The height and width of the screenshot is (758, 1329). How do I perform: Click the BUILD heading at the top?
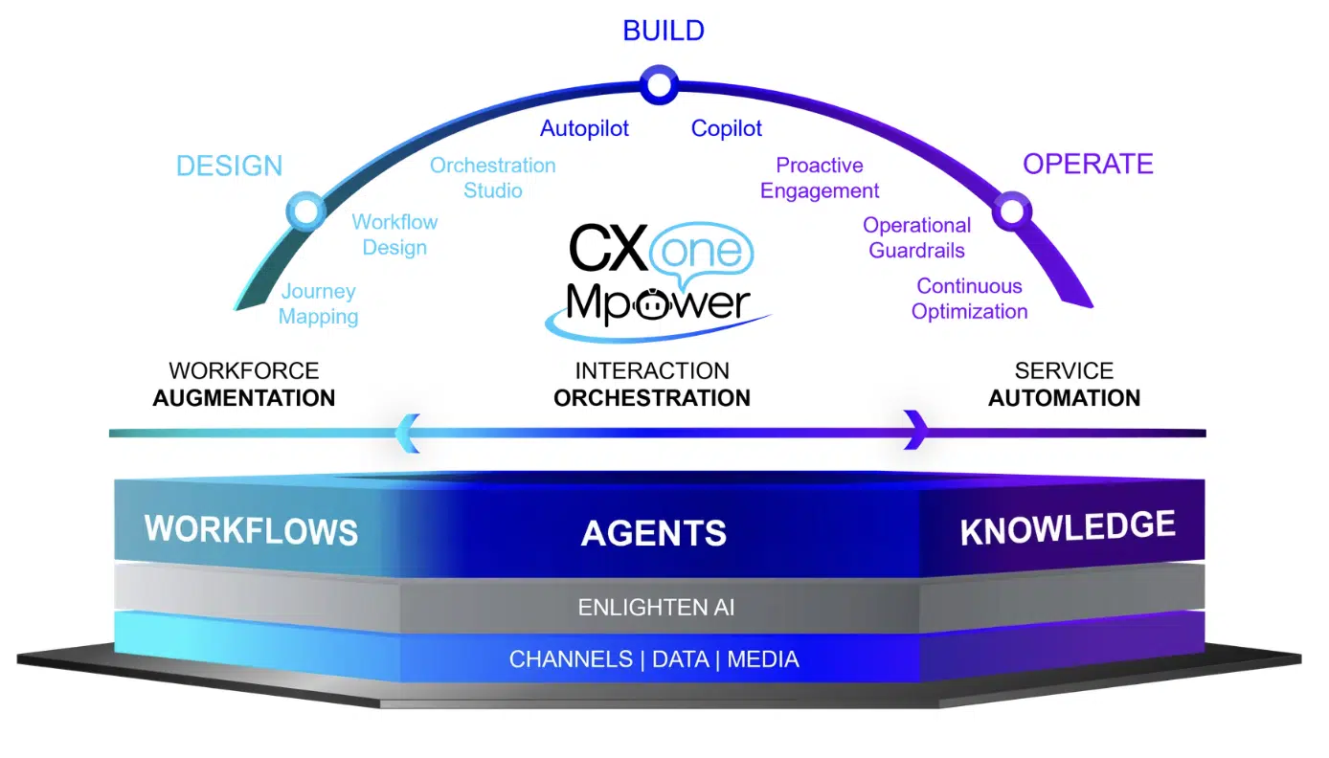pos(663,31)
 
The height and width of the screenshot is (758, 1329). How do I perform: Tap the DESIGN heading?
pos(229,166)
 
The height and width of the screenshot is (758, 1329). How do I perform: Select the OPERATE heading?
pos(1088,164)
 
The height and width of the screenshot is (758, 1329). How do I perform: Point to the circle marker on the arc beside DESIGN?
pos(305,211)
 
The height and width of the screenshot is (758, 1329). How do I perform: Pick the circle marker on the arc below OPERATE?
pos(1011,211)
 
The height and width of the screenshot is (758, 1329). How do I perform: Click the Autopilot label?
pos(584,128)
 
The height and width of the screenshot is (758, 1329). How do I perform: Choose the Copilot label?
pos(727,128)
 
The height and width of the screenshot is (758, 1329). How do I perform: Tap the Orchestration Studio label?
pos(492,178)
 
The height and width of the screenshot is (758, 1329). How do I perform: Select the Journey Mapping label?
pos(318,304)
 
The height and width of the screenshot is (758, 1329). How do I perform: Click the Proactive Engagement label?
pos(820,178)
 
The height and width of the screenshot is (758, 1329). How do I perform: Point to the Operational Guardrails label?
pos(916,238)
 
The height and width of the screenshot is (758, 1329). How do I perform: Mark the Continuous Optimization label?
pos(969,299)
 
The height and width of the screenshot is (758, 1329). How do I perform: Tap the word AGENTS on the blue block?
pos(654,533)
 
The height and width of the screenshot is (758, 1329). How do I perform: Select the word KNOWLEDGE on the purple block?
pos(1068,528)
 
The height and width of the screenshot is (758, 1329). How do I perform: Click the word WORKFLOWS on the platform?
pos(251,530)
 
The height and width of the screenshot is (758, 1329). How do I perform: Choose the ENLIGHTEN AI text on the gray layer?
pos(656,607)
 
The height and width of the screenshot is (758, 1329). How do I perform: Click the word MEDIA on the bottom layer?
pos(763,659)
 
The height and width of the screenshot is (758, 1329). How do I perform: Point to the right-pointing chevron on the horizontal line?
pos(916,430)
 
